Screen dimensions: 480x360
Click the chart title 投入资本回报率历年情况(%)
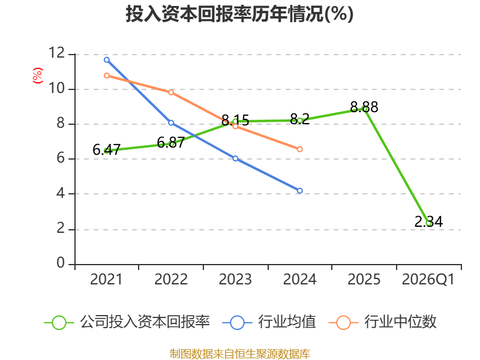click(x=239, y=14)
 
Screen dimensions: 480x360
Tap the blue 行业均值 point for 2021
click(x=107, y=59)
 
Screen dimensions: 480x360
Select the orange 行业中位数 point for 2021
click(x=107, y=76)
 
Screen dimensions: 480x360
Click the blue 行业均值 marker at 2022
click(x=171, y=123)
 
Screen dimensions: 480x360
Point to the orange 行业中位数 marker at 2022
click(x=171, y=92)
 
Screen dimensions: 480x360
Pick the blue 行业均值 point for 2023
click(x=235, y=158)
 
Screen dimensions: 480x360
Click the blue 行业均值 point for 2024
click(x=299, y=190)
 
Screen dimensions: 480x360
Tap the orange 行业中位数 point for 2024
click(x=299, y=149)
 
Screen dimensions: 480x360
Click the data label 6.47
click(x=106, y=150)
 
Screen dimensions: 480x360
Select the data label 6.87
click(x=170, y=142)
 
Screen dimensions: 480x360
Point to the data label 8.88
click(x=364, y=107)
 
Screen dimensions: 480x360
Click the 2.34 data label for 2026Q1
click(x=428, y=221)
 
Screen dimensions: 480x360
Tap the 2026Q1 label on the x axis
click(x=428, y=279)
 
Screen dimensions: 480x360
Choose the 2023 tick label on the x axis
click(x=235, y=279)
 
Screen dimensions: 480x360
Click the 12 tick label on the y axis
click(x=57, y=53)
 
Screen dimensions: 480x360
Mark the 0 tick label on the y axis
click(x=61, y=263)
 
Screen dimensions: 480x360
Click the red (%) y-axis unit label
click(x=38, y=76)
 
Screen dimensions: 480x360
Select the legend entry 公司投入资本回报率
click(x=127, y=322)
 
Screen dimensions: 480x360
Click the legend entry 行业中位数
click(x=382, y=322)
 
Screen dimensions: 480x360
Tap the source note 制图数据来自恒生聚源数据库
click(x=240, y=353)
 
